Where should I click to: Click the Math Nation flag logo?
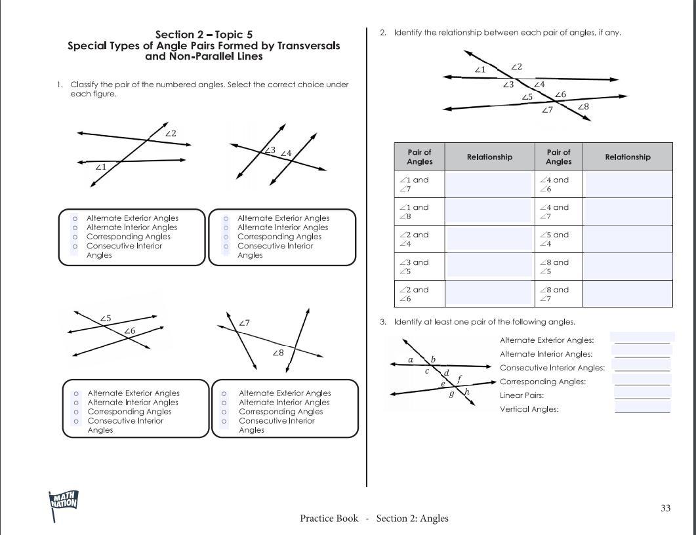click(64, 504)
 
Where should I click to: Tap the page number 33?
click(666, 508)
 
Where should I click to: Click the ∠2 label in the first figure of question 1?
click(171, 134)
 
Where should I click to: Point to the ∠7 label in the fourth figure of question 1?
click(244, 323)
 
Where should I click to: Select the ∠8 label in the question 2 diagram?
click(583, 107)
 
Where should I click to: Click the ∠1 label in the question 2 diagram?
click(480, 69)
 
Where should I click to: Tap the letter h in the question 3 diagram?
click(467, 392)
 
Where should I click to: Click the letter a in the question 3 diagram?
click(411, 360)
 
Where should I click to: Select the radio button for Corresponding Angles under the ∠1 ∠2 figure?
click(75, 237)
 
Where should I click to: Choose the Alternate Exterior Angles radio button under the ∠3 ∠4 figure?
click(226, 218)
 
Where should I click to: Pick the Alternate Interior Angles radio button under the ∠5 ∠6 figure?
click(76, 403)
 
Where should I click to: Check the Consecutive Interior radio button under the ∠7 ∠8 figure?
click(224, 421)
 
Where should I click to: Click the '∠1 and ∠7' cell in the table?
click(419, 184)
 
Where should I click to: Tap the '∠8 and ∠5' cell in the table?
click(558, 266)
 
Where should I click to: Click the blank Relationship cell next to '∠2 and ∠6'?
click(489, 294)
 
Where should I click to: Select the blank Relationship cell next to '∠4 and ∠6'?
click(627, 184)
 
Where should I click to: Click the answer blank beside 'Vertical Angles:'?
click(642, 408)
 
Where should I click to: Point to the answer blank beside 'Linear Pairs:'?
click(642, 395)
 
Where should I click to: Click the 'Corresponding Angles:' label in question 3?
click(542, 382)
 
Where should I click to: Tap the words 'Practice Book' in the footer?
click(329, 519)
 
